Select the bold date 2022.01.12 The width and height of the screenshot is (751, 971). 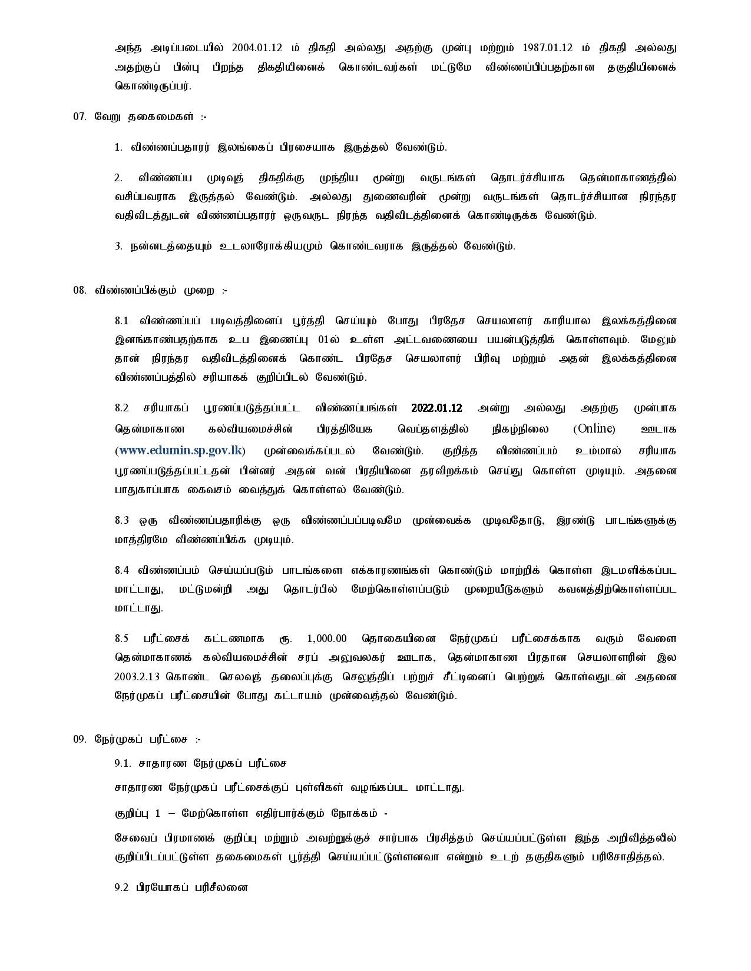(x=436, y=408)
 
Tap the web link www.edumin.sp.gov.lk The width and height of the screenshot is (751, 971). (x=180, y=451)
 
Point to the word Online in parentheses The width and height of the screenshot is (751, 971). (x=594, y=429)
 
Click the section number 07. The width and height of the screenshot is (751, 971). (x=80, y=117)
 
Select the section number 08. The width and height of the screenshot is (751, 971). (x=80, y=290)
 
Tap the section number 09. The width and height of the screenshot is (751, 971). (x=80, y=739)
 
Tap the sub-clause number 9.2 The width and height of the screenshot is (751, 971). (x=121, y=887)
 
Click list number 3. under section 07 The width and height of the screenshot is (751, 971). (x=118, y=246)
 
